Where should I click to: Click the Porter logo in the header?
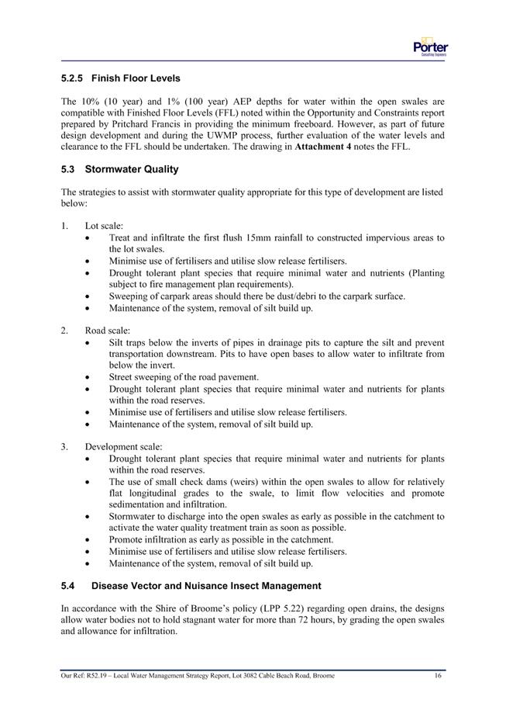tap(431, 47)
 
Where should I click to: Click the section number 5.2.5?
tap(73, 78)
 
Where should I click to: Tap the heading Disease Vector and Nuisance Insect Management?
tap(206, 585)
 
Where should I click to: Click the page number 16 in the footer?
tap(439, 676)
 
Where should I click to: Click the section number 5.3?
tap(67, 169)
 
